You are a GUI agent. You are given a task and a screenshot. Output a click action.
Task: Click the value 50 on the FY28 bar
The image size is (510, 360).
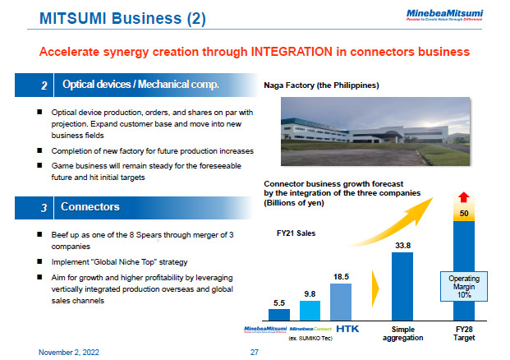(x=464, y=213)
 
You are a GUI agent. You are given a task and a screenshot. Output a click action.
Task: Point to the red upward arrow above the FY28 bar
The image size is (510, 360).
(x=464, y=196)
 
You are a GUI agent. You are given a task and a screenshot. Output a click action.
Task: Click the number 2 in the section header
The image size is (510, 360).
(x=44, y=85)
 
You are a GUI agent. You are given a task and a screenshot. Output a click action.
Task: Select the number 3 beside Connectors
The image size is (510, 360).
(x=44, y=208)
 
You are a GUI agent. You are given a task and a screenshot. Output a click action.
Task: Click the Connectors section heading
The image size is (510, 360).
(x=91, y=207)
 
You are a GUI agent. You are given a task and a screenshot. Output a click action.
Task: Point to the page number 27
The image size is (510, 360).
(x=254, y=351)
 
